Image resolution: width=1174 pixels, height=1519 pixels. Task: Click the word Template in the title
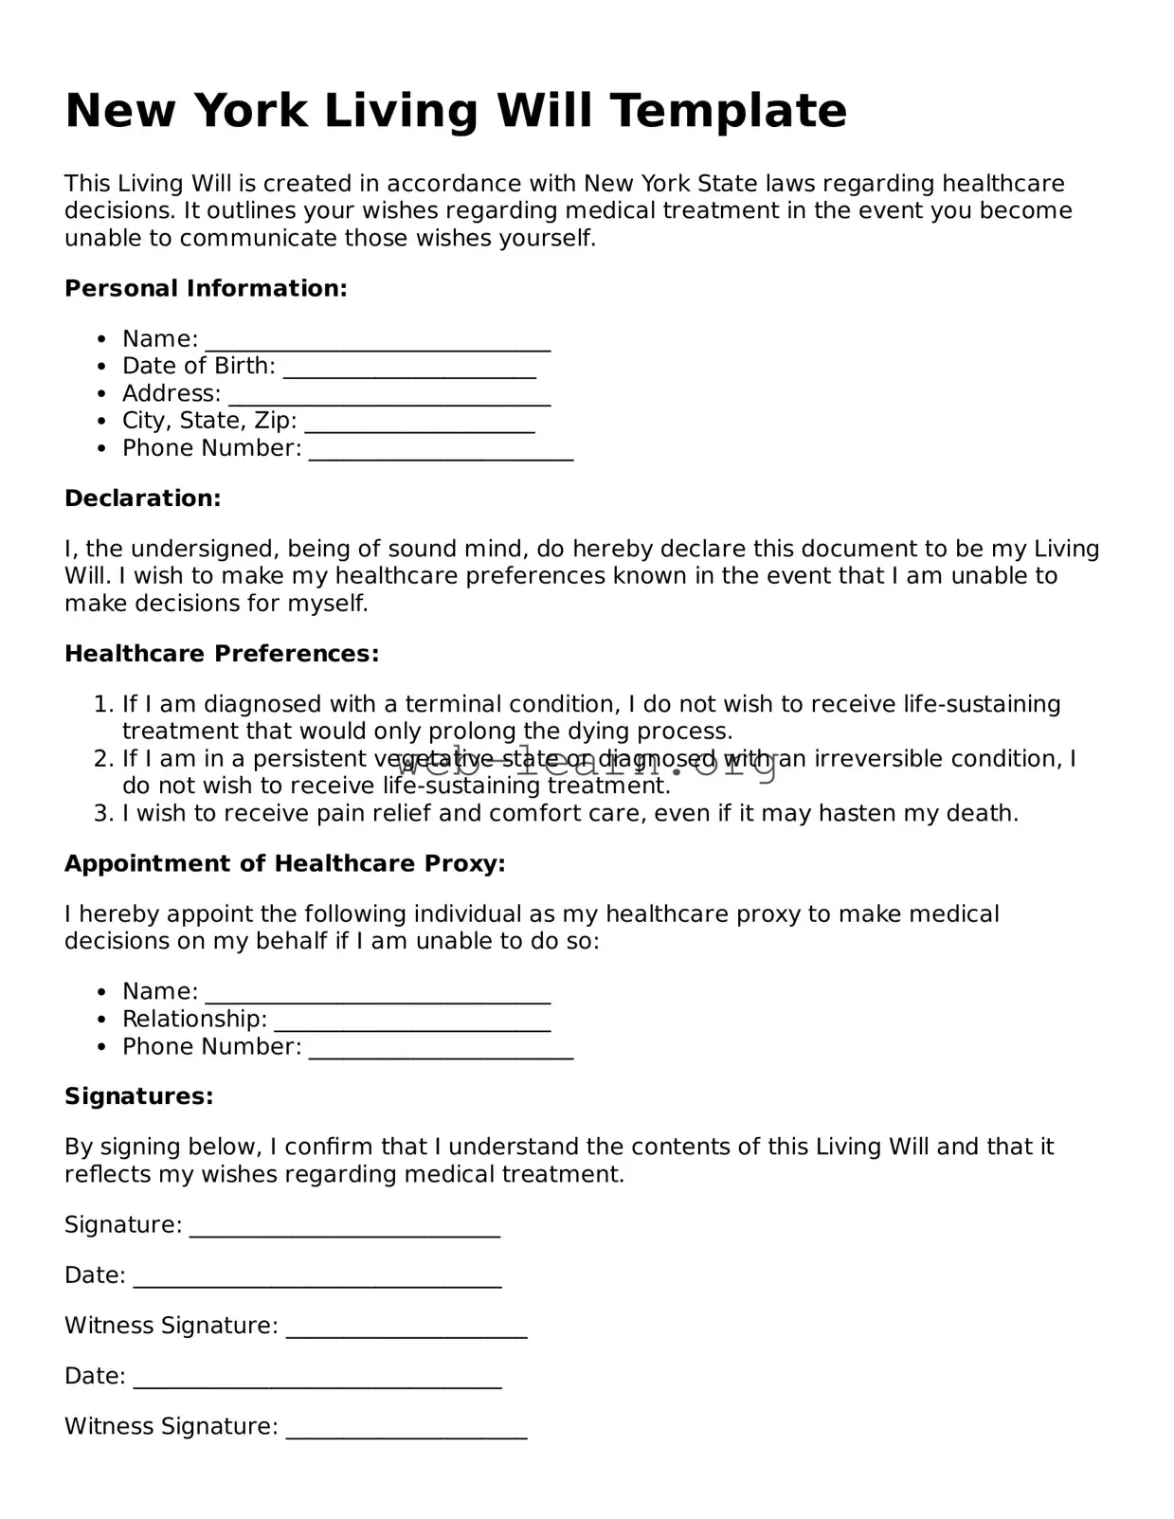pos(727,111)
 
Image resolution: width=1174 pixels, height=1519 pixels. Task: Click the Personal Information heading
pos(206,289)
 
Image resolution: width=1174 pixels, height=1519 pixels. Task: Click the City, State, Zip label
pos(208,421)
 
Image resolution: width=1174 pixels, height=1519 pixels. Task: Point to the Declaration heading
pos(142,498)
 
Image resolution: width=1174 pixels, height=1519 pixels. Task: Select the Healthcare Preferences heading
pos(222,654)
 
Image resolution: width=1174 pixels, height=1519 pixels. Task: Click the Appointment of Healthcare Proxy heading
pos(284,864)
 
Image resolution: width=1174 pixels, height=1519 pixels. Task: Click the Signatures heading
pos(138,1097)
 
